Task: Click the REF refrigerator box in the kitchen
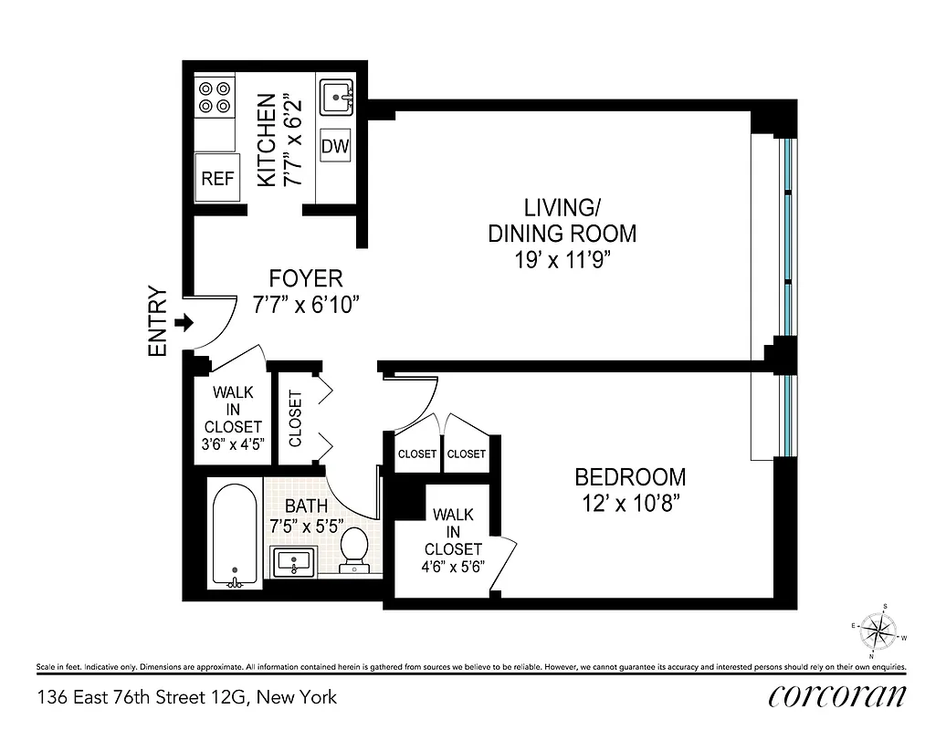click(x=217, y=179)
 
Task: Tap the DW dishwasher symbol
click(x=334, y=147)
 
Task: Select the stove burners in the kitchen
click(x=214, y=97)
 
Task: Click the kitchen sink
click(x=338, y=96)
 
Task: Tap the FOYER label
click(x=306, y=278)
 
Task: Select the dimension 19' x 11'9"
click(x=562, y=260)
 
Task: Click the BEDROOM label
click(x=630, y=476)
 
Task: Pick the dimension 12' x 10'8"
click(x=630, y=502)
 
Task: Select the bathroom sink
click(x=294, y=560)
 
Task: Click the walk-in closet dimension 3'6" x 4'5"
click(x=232, y=445)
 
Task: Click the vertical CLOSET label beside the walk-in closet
click(x=295, y=419)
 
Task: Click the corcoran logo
click(x=836, y=695)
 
